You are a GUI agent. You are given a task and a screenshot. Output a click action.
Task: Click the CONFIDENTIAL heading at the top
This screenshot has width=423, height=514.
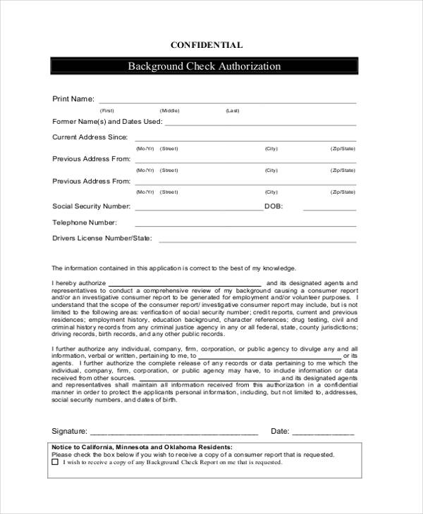(x=207, y=45)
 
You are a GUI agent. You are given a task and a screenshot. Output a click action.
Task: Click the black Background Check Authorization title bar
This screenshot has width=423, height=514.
(x=204, y=66)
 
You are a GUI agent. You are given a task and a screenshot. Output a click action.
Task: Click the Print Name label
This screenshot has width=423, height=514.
(x=73, y=99)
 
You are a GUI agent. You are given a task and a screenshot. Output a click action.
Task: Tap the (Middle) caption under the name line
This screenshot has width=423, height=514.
(x=169, y=111)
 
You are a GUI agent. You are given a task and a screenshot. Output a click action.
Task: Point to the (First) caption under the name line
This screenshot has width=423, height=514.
(x=106, y=111)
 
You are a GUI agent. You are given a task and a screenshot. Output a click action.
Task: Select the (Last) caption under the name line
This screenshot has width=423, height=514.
(x=233, y=111)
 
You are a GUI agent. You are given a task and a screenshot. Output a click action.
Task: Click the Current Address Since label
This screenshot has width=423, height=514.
(x=90, y=137)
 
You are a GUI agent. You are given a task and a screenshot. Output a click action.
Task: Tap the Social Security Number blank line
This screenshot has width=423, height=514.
(x=198, y=210)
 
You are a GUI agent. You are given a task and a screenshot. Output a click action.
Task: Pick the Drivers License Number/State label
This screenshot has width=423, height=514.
(x=102, y=238)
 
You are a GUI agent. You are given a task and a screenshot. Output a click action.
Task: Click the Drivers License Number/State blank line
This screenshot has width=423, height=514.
(x=257, y=242)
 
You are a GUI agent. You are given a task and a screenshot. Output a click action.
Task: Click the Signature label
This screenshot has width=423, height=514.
(x=69, y=431)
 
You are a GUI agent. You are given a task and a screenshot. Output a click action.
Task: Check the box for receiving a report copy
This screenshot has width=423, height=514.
(x=55, y=463)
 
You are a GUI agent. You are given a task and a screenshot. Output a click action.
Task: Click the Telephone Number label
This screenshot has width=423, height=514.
(x=85, y=222)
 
